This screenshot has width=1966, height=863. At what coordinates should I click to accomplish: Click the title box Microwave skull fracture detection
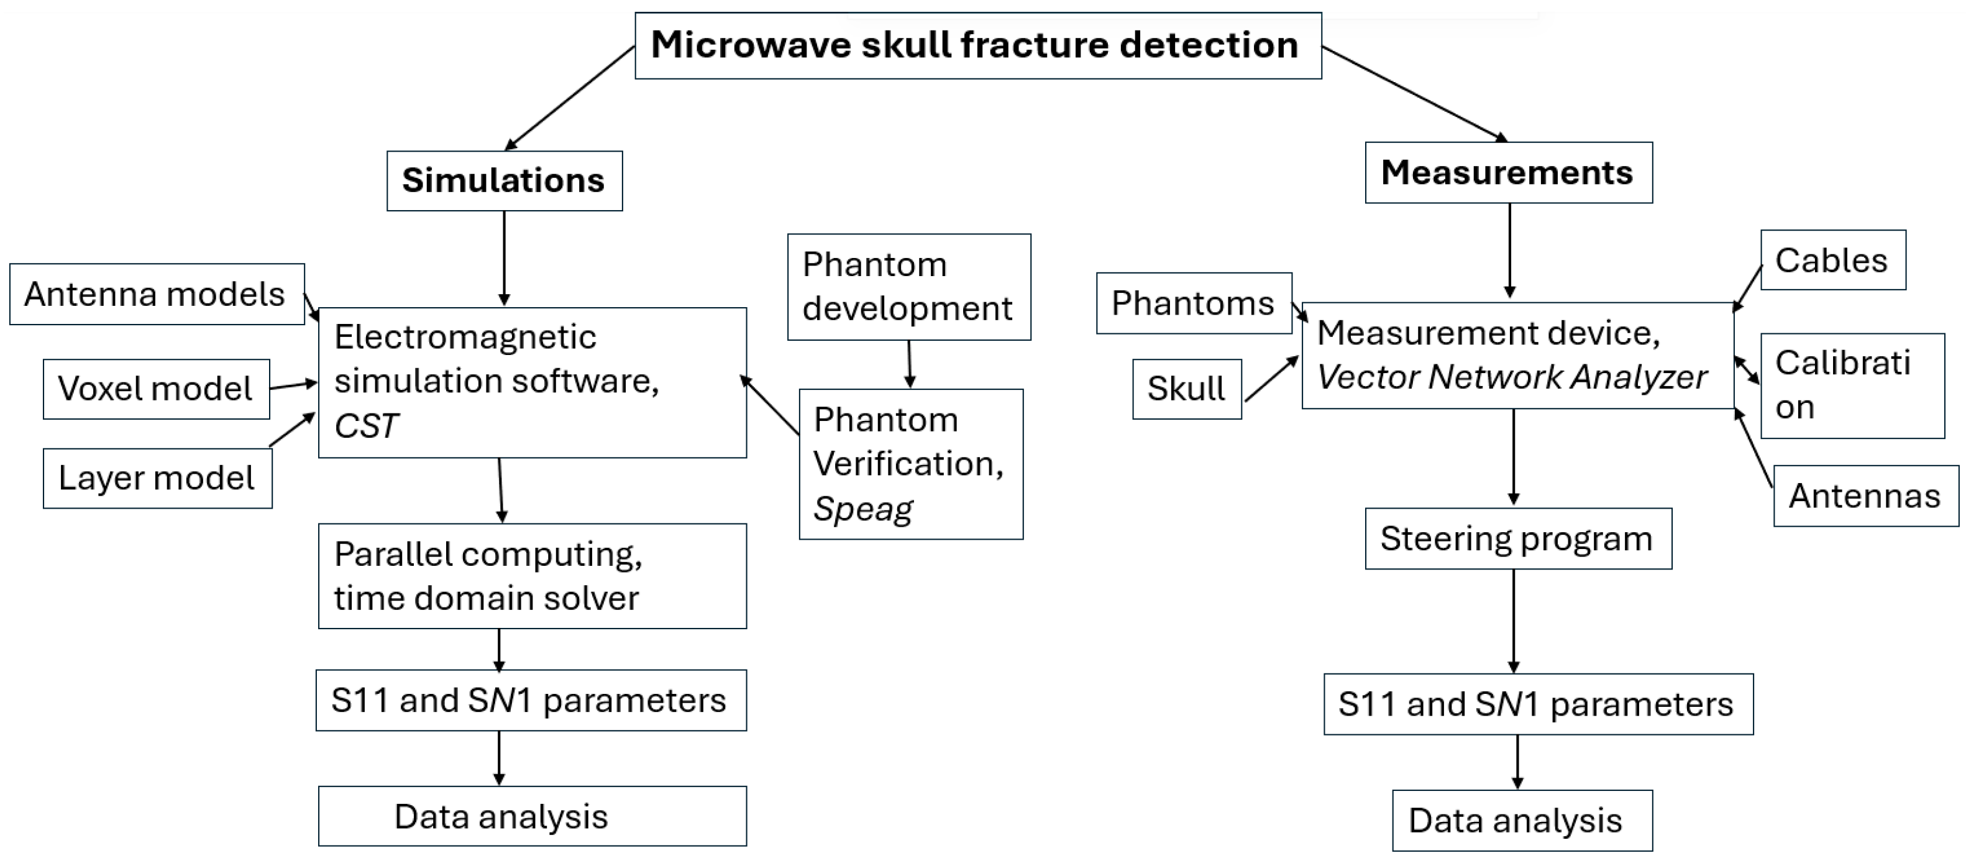click(977, 46)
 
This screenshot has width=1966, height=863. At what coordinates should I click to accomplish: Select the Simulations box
click(504, 181)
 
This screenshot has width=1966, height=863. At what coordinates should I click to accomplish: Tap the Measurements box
click(1508, 173)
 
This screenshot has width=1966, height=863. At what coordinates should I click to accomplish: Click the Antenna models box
click(157, 295)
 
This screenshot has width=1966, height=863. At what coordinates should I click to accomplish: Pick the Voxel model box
click(156, 389)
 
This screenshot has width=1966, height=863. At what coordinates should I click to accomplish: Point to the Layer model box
click(157, 479)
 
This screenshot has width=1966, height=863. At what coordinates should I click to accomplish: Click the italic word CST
click(367, 426)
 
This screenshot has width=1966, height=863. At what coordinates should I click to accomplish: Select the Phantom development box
click(908, 287)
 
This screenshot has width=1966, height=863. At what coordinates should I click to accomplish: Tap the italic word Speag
click(862, 509)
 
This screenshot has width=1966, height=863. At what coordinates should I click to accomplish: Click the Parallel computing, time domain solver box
click(532, 576)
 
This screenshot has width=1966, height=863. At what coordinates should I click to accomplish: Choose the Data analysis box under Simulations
click(532, 816)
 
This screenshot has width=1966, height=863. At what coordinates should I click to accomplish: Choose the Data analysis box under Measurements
click(1522, 821)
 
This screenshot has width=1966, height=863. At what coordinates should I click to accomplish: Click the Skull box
click(1186, 389)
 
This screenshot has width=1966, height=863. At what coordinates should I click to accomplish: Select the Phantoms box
click(1193, 304)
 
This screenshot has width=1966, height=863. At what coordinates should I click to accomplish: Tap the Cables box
click(1832, 261)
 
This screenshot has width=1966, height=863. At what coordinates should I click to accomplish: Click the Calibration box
click(1852, 385)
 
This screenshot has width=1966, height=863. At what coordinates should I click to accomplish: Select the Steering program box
click(1517, 539)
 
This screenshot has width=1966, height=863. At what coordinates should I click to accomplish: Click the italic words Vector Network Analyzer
click(1511, 377)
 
